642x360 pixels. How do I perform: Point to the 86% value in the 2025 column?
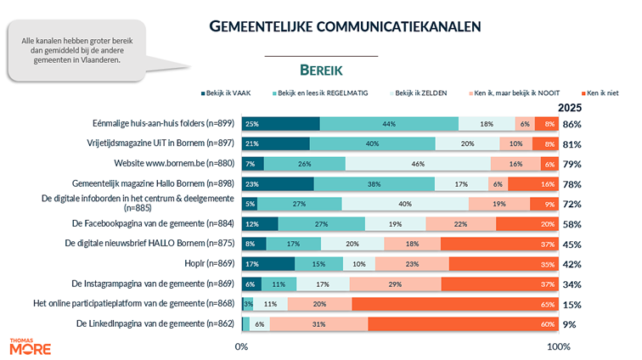[x=572, y=124]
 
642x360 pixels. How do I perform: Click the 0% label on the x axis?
[x=242, y=346]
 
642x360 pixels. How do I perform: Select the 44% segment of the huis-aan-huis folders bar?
[x=389, y=124]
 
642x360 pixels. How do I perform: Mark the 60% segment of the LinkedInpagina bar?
[x=463, y=323]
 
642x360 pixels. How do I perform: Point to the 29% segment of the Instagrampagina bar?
[x=394, y=284]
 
